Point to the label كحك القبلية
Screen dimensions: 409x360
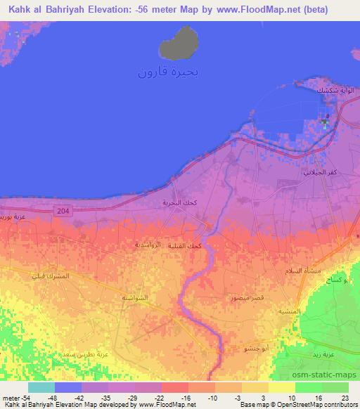coord(206,245)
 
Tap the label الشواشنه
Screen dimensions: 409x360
coord(134,298)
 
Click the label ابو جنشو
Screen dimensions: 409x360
coord(255,349)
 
